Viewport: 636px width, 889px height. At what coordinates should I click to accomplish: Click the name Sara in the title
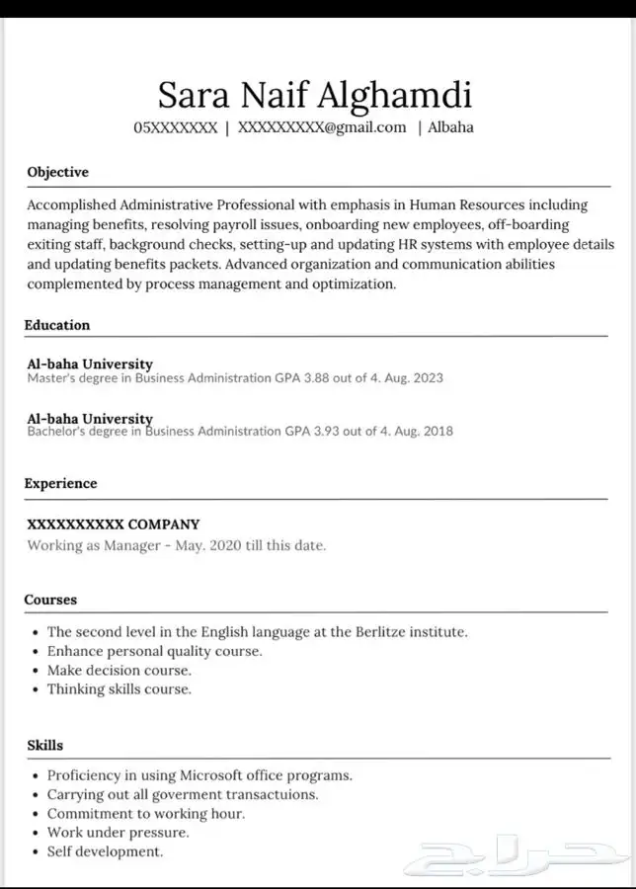click(x=193, y=96)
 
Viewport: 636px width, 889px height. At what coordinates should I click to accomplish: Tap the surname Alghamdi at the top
click(x=395, y=96)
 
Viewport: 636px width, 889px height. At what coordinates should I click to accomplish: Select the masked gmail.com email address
click(x=322, y=127)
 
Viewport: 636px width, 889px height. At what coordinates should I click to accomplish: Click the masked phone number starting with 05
click(x=175, y=127)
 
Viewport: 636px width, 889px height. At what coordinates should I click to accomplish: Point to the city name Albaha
click(x=450, y=127)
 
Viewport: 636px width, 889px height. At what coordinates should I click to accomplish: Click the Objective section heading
click(x=57, y=172)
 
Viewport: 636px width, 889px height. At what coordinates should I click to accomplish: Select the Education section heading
click(x=57, y=325)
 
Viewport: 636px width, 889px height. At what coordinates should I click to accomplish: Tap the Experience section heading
click(x=60, y=483)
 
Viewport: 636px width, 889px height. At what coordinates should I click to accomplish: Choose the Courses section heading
click(x=50, y=600)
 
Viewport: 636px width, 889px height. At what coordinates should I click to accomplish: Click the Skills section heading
click(x=43, y=745)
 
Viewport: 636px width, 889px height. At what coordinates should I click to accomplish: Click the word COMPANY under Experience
click(x=164, y=525)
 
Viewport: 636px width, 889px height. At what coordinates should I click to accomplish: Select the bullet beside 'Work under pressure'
click(x=36, y=833)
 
